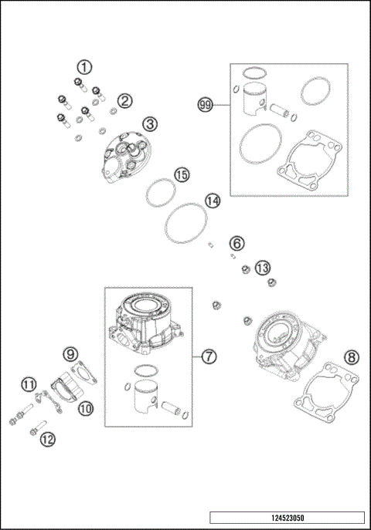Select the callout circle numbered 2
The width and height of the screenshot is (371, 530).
point(124,101)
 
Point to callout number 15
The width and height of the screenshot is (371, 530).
point(181,174)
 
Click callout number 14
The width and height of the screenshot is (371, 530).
point(213,201)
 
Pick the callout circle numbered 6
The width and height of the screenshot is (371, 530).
point(237,243)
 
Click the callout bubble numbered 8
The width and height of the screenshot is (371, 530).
point(352,356)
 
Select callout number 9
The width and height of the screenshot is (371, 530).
point(71,354)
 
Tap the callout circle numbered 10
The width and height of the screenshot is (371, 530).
point(85,407)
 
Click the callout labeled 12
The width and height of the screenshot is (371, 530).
point(47,438)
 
